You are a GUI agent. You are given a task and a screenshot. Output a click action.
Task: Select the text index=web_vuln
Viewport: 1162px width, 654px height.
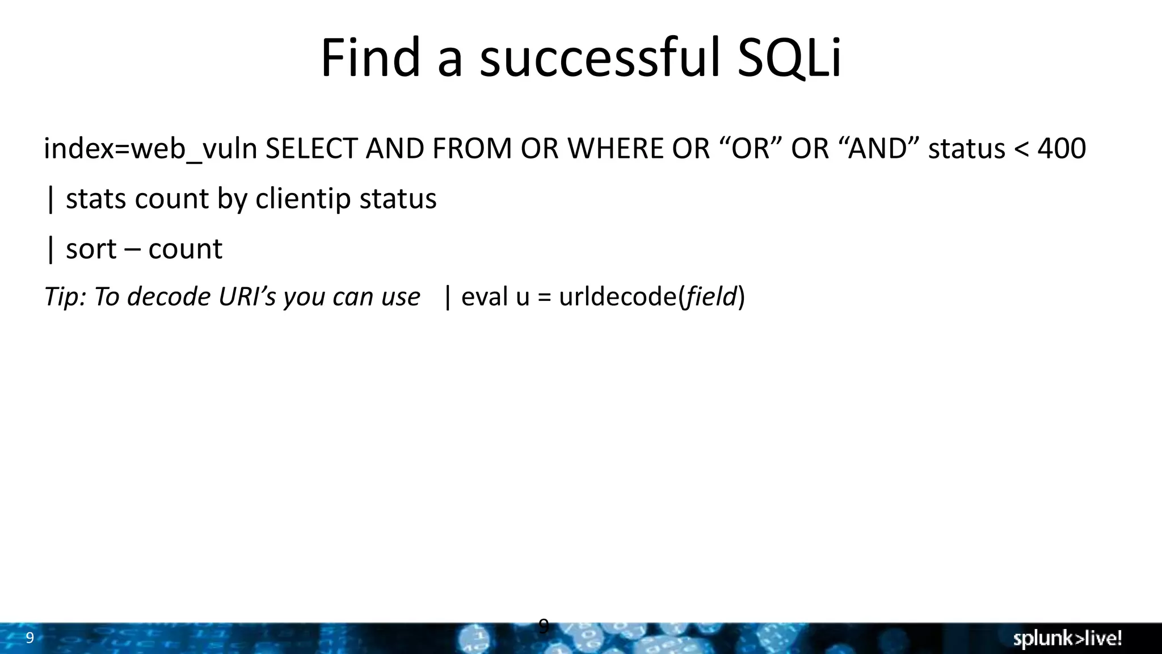[150, 149]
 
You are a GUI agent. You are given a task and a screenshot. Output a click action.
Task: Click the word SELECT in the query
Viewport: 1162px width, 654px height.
[312, 149]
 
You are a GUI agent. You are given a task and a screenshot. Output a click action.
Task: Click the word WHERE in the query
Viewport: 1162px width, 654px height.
[615, 149]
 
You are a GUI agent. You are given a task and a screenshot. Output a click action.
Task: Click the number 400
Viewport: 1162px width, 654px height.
[1061, 149]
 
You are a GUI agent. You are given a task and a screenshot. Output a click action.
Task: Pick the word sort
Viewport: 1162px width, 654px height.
[91, 249]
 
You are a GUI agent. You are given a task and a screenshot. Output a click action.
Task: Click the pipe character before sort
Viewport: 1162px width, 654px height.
[51, 249]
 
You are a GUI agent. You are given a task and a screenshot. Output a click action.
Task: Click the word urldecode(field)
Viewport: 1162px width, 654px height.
[651, 297]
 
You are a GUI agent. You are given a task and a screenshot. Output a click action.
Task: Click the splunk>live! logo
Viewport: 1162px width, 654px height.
[1067, 639]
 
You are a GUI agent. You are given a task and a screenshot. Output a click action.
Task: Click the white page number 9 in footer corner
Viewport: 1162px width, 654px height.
[30, 638]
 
